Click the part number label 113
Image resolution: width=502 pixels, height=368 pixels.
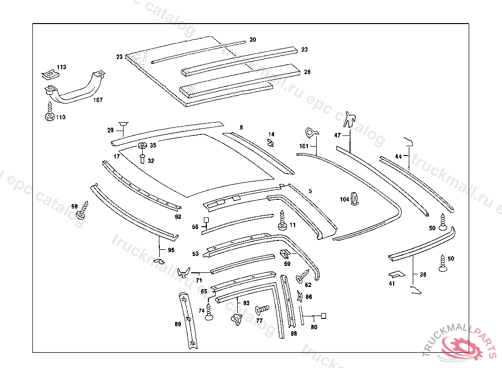61,67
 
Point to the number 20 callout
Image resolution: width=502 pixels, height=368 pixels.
252,39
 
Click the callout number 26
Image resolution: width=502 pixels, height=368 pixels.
307,72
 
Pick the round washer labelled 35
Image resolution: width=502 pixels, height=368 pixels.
143,146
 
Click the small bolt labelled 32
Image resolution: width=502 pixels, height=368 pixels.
142,158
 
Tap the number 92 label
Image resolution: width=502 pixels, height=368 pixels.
177,216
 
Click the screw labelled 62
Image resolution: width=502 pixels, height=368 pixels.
301,277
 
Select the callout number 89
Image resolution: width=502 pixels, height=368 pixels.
177,324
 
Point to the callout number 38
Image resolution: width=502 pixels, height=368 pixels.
423,275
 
